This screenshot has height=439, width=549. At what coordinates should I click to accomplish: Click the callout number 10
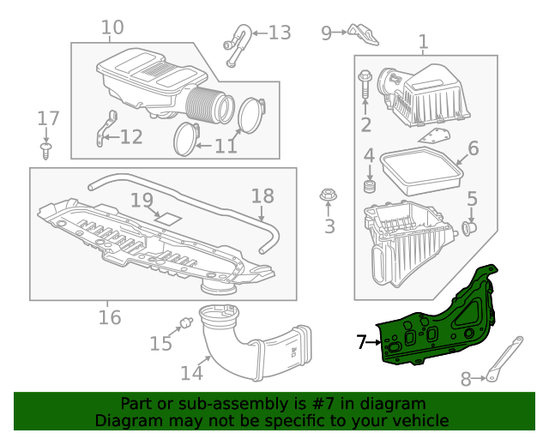click(x=112, y=28)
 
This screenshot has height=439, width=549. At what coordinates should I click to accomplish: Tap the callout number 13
click(x=280, y=33)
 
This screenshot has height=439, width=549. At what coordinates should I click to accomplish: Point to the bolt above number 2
click(x=365, y=85)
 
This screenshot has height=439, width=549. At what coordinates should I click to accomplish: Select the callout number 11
click(x=226, y=147)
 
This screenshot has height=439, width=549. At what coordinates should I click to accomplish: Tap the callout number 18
click(x=262, y=195)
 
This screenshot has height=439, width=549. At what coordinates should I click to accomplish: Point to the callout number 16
click(x=109, y=318)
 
